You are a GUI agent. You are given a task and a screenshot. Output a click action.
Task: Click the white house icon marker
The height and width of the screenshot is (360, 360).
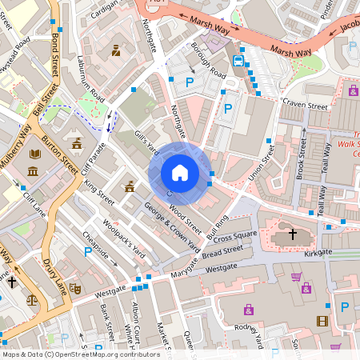point(180,173)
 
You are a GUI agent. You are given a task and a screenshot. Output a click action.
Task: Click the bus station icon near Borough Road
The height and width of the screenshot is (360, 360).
point(238,61)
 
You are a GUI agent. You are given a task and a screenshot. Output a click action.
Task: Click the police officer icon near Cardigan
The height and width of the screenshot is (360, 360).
point(117,50)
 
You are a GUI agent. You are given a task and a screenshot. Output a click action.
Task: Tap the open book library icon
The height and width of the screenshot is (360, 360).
point(35,154)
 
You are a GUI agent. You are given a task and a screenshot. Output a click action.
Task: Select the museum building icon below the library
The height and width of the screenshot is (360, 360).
point(33,172)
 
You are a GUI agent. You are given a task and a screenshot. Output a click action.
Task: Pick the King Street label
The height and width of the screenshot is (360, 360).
point(100,192)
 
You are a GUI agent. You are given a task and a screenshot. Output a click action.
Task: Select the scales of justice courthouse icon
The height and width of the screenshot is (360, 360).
point(32,301)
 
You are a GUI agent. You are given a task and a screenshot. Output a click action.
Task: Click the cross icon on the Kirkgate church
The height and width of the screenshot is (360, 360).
point(293,234)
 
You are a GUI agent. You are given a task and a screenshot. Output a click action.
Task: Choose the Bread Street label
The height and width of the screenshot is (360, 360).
point(223,251)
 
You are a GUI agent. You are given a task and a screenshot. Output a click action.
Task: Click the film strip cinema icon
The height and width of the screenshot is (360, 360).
point(322,321)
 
